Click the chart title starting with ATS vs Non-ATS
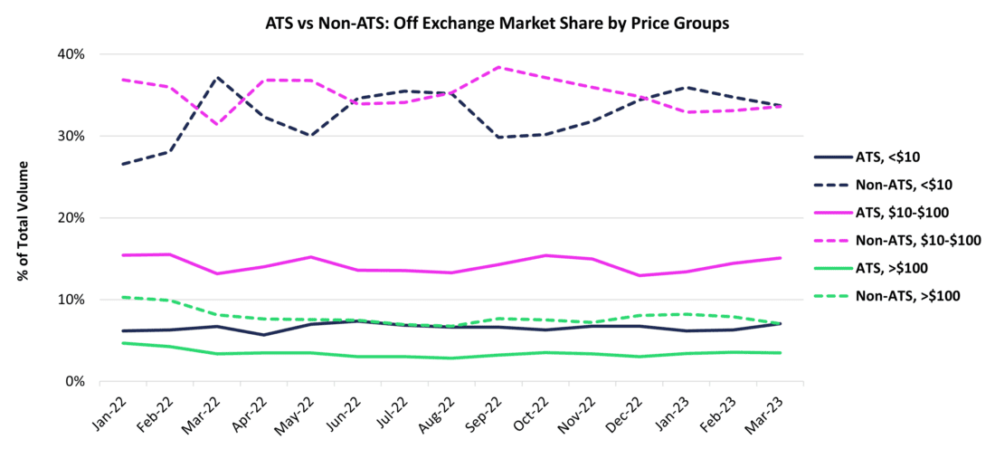pyautogui.click(x=497, y=21)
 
